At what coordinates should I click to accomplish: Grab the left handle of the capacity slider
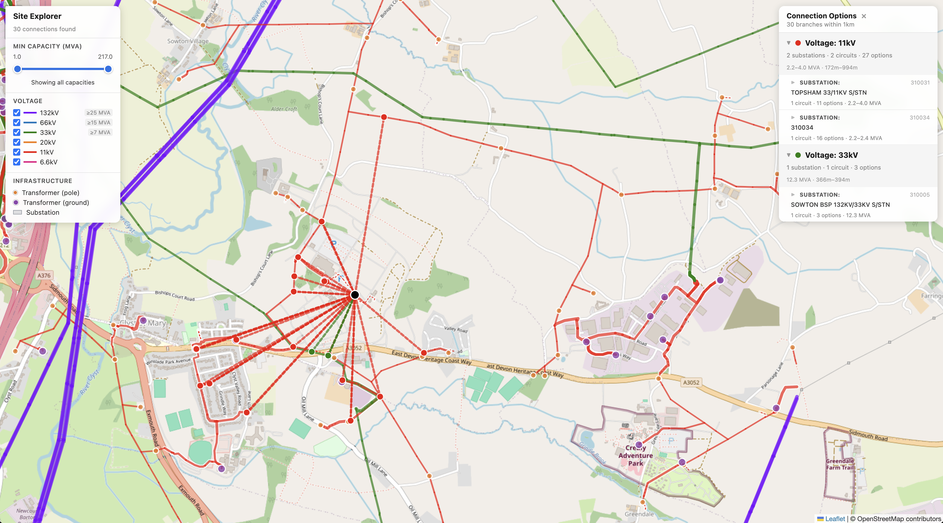click(x=17, y=69)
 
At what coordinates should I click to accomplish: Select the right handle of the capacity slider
click(x=108, y=69)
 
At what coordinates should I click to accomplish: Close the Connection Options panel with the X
click(x=864, y=16)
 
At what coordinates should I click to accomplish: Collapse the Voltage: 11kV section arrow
click(x=788, y=43)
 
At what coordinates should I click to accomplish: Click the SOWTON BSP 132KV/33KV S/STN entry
click(x=840, y=205)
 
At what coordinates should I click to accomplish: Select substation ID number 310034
click(x=919, y=118)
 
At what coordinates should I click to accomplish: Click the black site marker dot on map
click(x=354, y=295)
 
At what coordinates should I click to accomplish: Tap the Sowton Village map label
click(x=188, y=41)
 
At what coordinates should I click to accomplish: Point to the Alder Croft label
click(x=284, y=109)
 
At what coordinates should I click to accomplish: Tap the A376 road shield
click(x=44, y=275)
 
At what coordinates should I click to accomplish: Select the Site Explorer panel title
click(x=37, y=16)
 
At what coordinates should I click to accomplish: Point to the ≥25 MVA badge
click(x=98, y=113)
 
